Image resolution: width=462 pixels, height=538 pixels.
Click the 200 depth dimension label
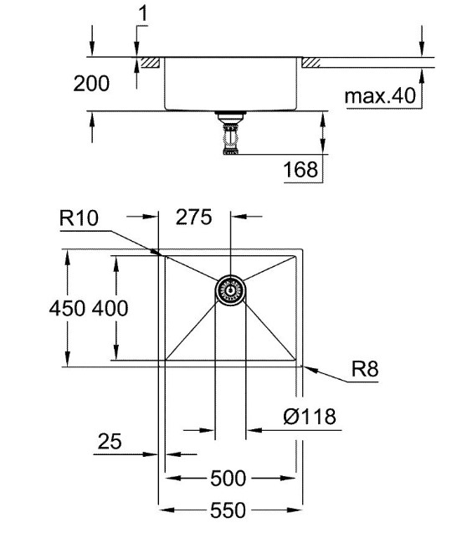click(91, 84)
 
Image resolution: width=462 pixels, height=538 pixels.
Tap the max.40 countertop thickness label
click(380, 95)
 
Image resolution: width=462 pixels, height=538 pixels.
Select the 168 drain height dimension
click(300, 170)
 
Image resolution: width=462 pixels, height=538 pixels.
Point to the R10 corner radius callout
click(79, 218)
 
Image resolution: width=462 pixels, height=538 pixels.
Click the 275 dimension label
click(194, 217)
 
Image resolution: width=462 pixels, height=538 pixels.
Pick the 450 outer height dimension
click(67, 308)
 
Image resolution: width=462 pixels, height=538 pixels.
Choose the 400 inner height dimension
click(110, 308)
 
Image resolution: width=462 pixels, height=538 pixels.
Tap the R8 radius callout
click(365, 369)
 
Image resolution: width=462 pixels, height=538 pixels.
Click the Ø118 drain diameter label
click(310, 416)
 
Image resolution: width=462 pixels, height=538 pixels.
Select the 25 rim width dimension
click(110, 441)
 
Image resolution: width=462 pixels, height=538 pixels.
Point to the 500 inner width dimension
click(228, 479)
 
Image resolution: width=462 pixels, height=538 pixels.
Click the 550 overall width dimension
click(228, 510)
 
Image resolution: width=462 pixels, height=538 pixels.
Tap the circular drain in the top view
click(230, 291)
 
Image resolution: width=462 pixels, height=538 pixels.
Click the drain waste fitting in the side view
click(231, 133)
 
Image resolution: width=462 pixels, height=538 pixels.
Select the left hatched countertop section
click(151, 62)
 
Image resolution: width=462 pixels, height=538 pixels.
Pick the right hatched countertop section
click(311, 63)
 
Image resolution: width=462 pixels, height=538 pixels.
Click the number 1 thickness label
click(143, 13)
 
